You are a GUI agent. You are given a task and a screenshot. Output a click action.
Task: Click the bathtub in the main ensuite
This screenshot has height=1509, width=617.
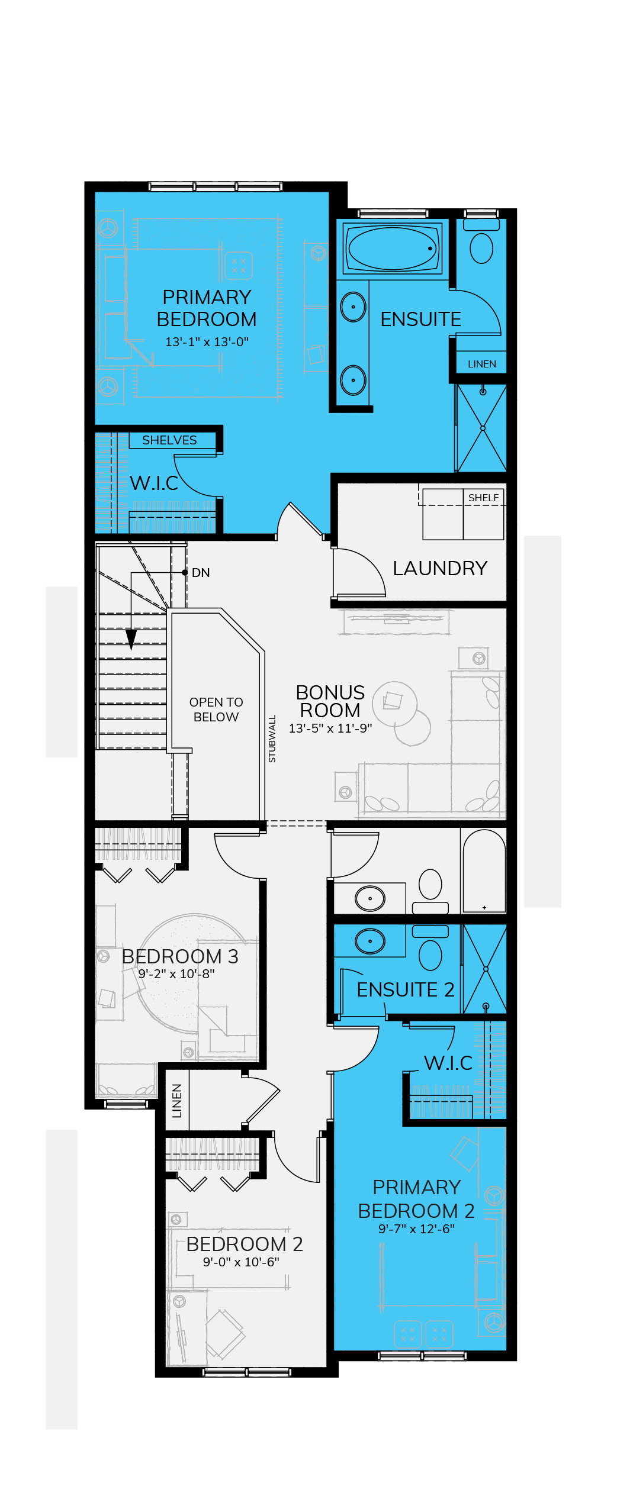(x=393, y=249)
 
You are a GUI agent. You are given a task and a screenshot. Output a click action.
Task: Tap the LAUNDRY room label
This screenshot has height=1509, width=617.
(x=440, y=568)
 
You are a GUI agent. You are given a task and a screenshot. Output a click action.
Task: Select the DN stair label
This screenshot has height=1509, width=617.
(x=201, y=573)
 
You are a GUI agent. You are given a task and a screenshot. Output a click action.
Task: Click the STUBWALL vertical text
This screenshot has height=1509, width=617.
(x=272, y=739)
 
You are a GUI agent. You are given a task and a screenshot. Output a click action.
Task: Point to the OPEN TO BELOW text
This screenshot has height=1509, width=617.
(x=216, y=710)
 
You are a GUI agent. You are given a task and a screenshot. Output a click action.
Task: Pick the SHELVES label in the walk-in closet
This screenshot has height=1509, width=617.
(x=169, y=440)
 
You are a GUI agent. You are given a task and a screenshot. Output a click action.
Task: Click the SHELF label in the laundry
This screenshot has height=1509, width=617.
(x=483, y=498)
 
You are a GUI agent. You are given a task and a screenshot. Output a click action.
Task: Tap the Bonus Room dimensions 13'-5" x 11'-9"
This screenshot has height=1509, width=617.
(x=330, y=728)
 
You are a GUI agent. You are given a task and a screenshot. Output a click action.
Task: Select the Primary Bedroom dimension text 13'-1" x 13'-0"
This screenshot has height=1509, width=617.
(x=207, y=342)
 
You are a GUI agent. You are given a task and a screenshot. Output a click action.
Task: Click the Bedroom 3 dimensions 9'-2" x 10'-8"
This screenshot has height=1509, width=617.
(x=176, y=973)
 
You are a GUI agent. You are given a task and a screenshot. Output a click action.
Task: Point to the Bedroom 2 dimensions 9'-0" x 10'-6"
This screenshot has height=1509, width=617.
(x=241, y=1262)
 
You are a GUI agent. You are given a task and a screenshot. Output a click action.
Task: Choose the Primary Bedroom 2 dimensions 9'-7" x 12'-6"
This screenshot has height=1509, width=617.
(x=416, y=1229)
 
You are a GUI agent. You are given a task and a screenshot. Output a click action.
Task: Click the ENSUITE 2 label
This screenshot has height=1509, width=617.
(x=406, y=989)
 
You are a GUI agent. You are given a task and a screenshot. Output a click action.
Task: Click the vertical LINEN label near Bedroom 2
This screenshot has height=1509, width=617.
(x=176, y=1101)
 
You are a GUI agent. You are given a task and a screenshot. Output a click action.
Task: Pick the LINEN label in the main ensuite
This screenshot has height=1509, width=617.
(x=482, y=364)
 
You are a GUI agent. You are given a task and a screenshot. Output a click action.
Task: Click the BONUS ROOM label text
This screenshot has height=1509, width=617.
(x=330, y=701)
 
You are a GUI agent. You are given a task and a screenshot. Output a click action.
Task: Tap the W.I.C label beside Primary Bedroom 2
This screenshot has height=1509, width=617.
(x=448, y=1063)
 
